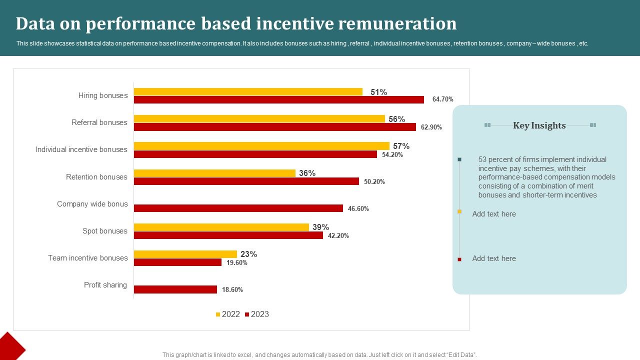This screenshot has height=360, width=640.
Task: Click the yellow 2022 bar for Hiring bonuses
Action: (248, 92)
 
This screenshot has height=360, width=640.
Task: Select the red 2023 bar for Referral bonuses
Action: (274, 127)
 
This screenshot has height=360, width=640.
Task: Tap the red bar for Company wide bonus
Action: (238, 208)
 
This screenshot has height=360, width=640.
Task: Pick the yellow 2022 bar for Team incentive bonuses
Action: (185, 254)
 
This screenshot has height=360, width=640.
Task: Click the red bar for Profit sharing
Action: (175, 289)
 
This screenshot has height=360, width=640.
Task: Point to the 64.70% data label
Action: (442, 99)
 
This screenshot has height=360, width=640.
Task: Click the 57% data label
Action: (401, 146)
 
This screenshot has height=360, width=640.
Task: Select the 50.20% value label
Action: (374, 181)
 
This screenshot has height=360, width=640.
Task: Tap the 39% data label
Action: (320, 227)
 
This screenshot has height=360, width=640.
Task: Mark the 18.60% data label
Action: (232, 289)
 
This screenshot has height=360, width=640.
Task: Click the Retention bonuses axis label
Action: (96, 177)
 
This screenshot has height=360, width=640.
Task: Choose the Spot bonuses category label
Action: (105, 231)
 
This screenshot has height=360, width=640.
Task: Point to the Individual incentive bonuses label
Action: (81, 149)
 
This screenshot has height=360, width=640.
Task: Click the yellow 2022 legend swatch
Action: (218, 314)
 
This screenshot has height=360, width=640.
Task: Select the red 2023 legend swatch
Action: (247, 314)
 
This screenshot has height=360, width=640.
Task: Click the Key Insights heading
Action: (539, 125)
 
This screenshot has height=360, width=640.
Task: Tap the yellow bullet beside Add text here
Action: (459, 211)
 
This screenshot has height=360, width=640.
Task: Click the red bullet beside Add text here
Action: (459, 259)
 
